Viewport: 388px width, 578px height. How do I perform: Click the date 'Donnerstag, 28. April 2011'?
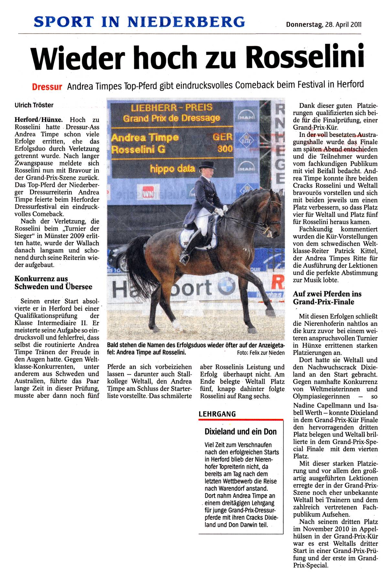pos(323,24)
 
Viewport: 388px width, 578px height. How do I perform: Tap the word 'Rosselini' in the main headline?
pos(305,58)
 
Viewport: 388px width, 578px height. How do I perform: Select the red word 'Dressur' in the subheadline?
pos(47,87)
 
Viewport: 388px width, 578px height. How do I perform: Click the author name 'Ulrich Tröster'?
pos(34,105)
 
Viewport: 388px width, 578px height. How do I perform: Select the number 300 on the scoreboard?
pos(225,149)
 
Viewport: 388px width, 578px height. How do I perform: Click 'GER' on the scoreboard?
pos(222,137)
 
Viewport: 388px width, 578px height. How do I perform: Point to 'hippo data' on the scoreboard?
pos(172,168)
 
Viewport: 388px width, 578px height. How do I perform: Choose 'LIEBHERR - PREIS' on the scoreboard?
pos(172,107)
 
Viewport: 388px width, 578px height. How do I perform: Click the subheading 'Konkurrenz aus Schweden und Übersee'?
pos(53,283)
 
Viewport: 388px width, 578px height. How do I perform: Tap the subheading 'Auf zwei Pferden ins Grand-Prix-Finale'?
pos(327,298)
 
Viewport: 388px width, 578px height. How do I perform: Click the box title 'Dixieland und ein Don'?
pos(241,432)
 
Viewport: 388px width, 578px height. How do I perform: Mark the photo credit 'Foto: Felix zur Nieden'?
pos(261,353)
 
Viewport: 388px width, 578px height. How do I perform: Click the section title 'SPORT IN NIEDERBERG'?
pos(139,22)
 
